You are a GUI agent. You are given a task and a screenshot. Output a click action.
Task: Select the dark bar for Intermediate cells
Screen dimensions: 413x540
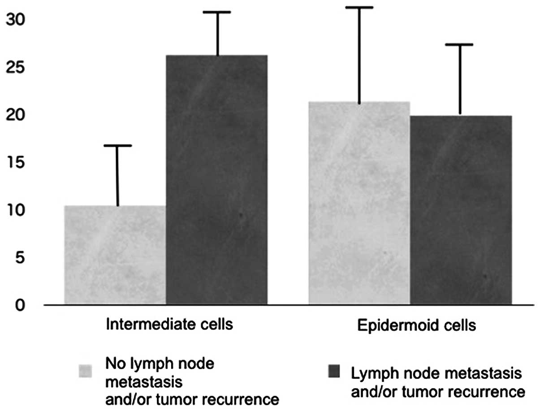tap(217, 179)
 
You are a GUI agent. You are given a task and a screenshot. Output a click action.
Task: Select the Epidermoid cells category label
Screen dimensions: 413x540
tap(416, 326)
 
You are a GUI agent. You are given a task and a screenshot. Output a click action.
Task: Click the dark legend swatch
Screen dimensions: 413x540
tap(335, 371)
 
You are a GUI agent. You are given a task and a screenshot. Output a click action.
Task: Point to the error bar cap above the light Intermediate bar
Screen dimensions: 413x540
tap(118, 146)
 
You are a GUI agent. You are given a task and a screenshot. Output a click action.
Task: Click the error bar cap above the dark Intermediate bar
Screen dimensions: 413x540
tap(217, 12)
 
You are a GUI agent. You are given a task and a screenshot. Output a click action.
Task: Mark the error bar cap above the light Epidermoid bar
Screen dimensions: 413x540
tap(359, 8)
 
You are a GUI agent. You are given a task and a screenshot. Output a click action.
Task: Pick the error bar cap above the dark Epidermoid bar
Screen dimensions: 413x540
tap(459, 44)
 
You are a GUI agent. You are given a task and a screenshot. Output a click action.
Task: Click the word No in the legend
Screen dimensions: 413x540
tap(115, 363)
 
